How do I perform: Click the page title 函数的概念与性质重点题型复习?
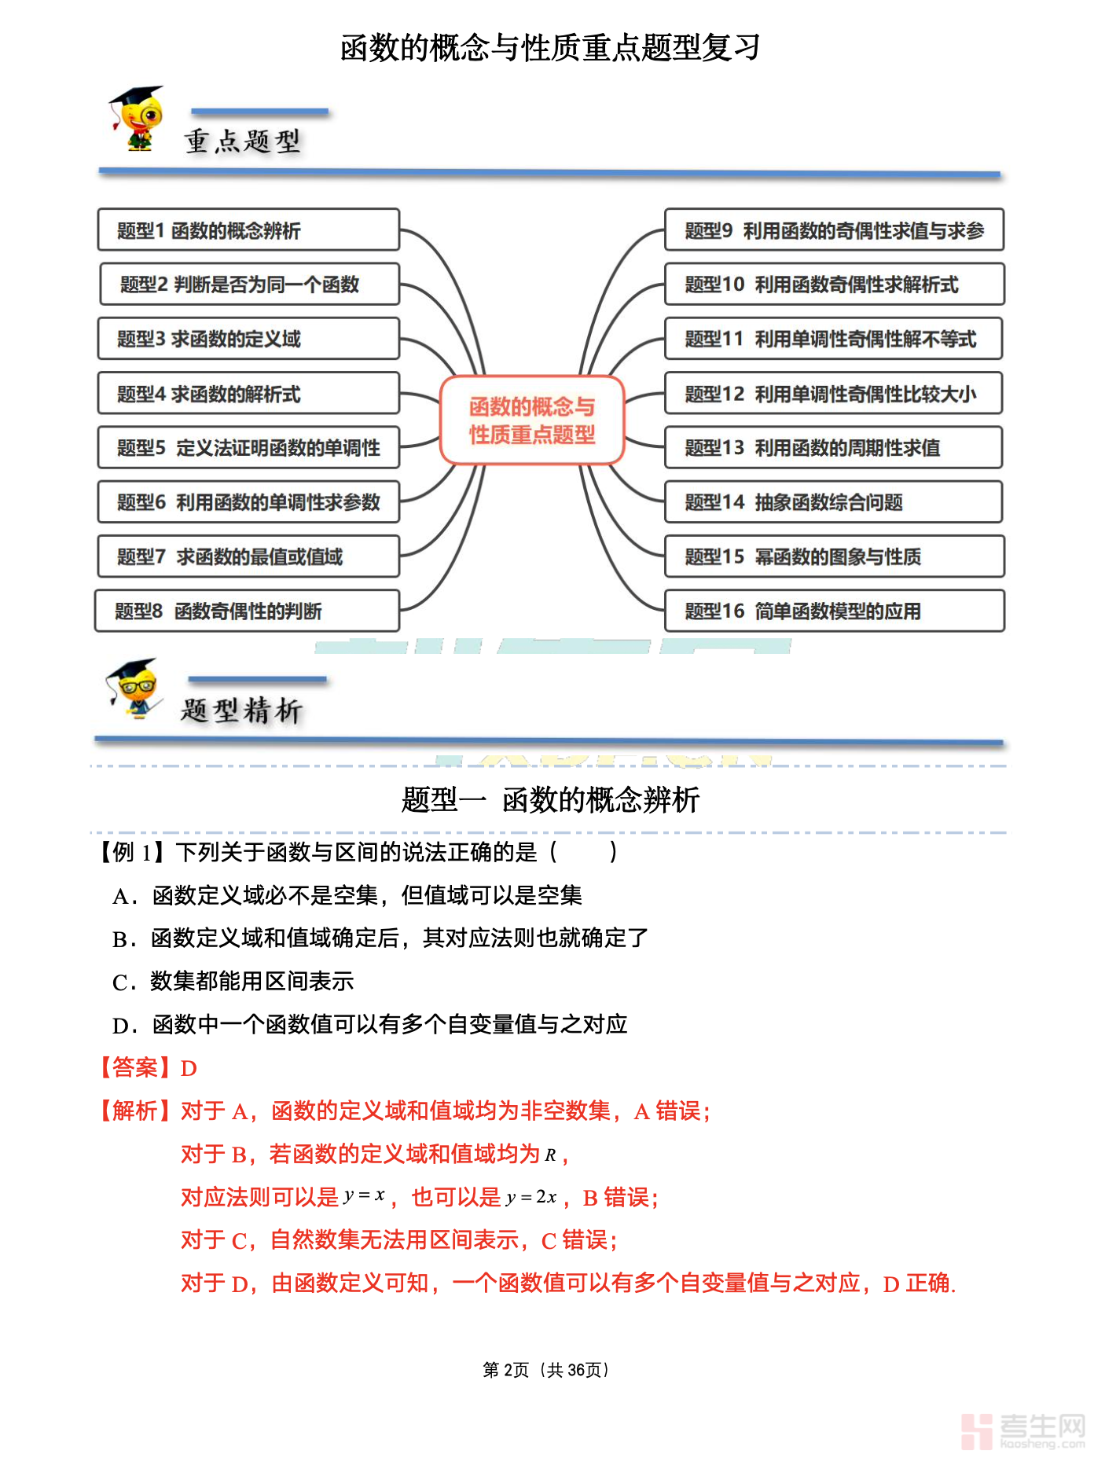coord(550,48)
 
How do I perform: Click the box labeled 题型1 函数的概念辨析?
coord(248,230)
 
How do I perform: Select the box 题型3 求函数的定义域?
coord(248,339)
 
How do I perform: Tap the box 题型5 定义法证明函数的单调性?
coord(248,448)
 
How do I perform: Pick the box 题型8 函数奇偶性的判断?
coord(247,611)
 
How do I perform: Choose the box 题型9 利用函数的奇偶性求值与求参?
coord(834,230)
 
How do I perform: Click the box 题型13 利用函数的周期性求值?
coord(833,448)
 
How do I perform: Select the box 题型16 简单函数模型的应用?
coord(834,611)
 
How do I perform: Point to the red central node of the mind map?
coord(532,420)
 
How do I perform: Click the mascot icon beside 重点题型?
coord(137,118)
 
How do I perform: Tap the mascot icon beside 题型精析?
coord(134,688)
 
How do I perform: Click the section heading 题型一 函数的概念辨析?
coord(550,800)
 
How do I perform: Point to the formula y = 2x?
coord(531,1198)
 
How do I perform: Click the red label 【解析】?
coord(134,1111)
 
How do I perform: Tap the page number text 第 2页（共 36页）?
coord(546,1370)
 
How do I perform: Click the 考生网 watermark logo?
coord(1022,1430)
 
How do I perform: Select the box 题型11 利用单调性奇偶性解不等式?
coord(834,339)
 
